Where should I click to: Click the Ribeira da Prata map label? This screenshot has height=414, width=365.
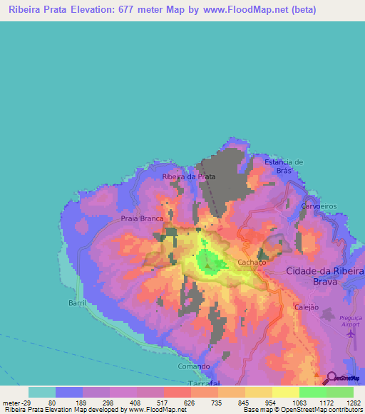point(189,176)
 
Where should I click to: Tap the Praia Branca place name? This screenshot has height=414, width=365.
point(143,219)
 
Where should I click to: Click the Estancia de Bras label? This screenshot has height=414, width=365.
point(284,166)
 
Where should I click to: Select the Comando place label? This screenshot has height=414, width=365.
point(194,366)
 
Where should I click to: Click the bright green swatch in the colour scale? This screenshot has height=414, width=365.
point(312,392)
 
